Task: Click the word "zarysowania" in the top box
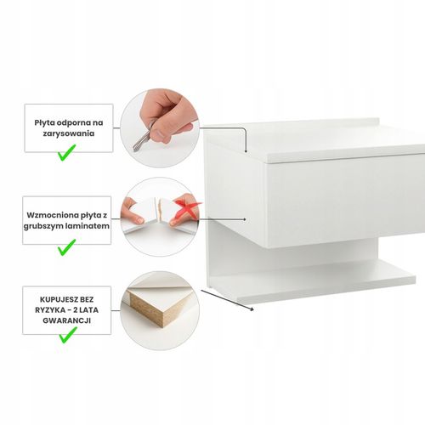[x=69, y=133]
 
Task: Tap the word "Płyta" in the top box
[x=44, y=123]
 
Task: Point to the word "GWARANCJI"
[x=67, y=320]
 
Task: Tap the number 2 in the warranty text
[x=75, y=310]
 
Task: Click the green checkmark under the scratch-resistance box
[x=66, y=153]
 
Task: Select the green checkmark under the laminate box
[x=66, y=247]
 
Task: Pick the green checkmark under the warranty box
[x=67, y=335]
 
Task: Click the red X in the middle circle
[x=188, y=208]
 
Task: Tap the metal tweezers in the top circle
[x=143, y=138]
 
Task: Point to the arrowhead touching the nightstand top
[x=246, y=151]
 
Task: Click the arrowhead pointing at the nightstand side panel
[x=244, y=219]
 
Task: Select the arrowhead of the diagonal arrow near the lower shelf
[x=252, y=309]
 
